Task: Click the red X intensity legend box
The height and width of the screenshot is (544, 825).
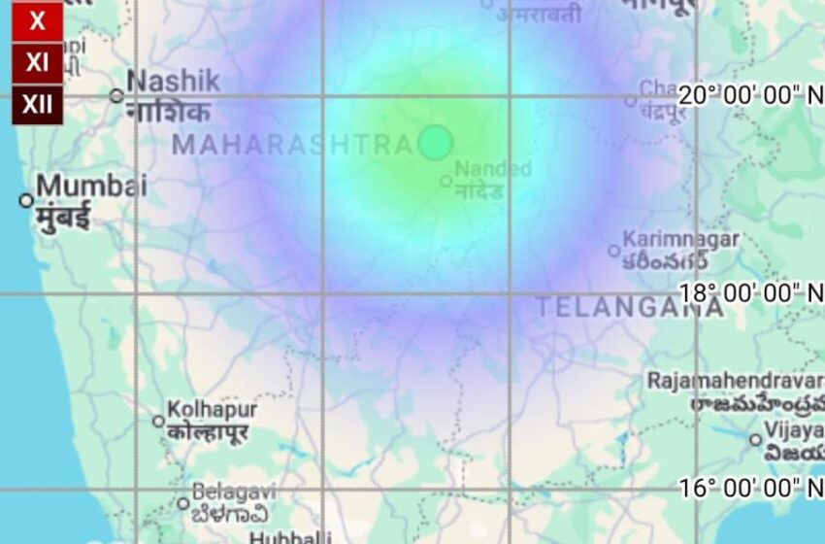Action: coord(37,21)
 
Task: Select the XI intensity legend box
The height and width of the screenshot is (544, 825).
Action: coord(37,63)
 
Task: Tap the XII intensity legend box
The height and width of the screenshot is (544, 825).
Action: coord(37,104)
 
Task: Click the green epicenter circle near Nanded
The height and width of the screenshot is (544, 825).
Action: coord(436,143)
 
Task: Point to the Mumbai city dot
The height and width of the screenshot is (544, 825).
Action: coord(26,201)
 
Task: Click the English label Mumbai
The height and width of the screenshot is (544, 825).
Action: coord(91,185)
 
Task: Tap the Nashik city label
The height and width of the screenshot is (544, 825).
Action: coord(173,82)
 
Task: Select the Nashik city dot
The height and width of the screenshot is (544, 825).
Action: coord(116,95)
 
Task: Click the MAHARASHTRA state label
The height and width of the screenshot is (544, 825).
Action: coord(292,146)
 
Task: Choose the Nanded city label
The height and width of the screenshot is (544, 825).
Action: coord(493,169)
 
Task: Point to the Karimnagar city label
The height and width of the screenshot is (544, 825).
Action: coord(680,238)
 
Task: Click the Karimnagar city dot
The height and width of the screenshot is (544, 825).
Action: coord(613,251)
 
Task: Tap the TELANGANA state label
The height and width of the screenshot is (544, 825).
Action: coord(630,308)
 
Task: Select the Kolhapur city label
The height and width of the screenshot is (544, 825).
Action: coord(212,409)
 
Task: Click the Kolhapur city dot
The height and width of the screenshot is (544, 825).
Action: coord(158,422)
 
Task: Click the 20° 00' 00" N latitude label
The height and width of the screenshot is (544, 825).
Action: coord(749,95)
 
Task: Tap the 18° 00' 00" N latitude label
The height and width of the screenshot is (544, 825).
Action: coord(749,292)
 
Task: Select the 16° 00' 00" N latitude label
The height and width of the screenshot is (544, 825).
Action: coord(749,488)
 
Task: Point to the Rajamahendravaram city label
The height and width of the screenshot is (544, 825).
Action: coord(736,380)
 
